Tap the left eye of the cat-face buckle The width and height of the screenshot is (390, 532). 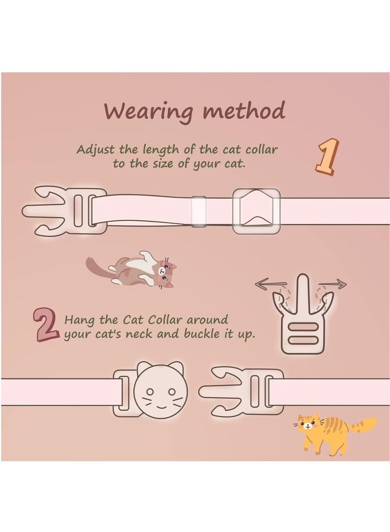tap(151, 391)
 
